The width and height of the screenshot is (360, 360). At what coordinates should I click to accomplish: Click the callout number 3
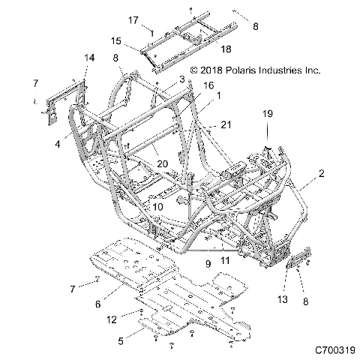point(181,79)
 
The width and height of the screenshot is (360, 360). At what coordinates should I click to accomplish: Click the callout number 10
point(158,205)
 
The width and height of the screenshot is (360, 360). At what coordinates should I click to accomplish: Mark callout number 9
point(208,263)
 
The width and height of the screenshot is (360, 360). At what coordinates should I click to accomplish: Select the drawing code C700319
point(336,349)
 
